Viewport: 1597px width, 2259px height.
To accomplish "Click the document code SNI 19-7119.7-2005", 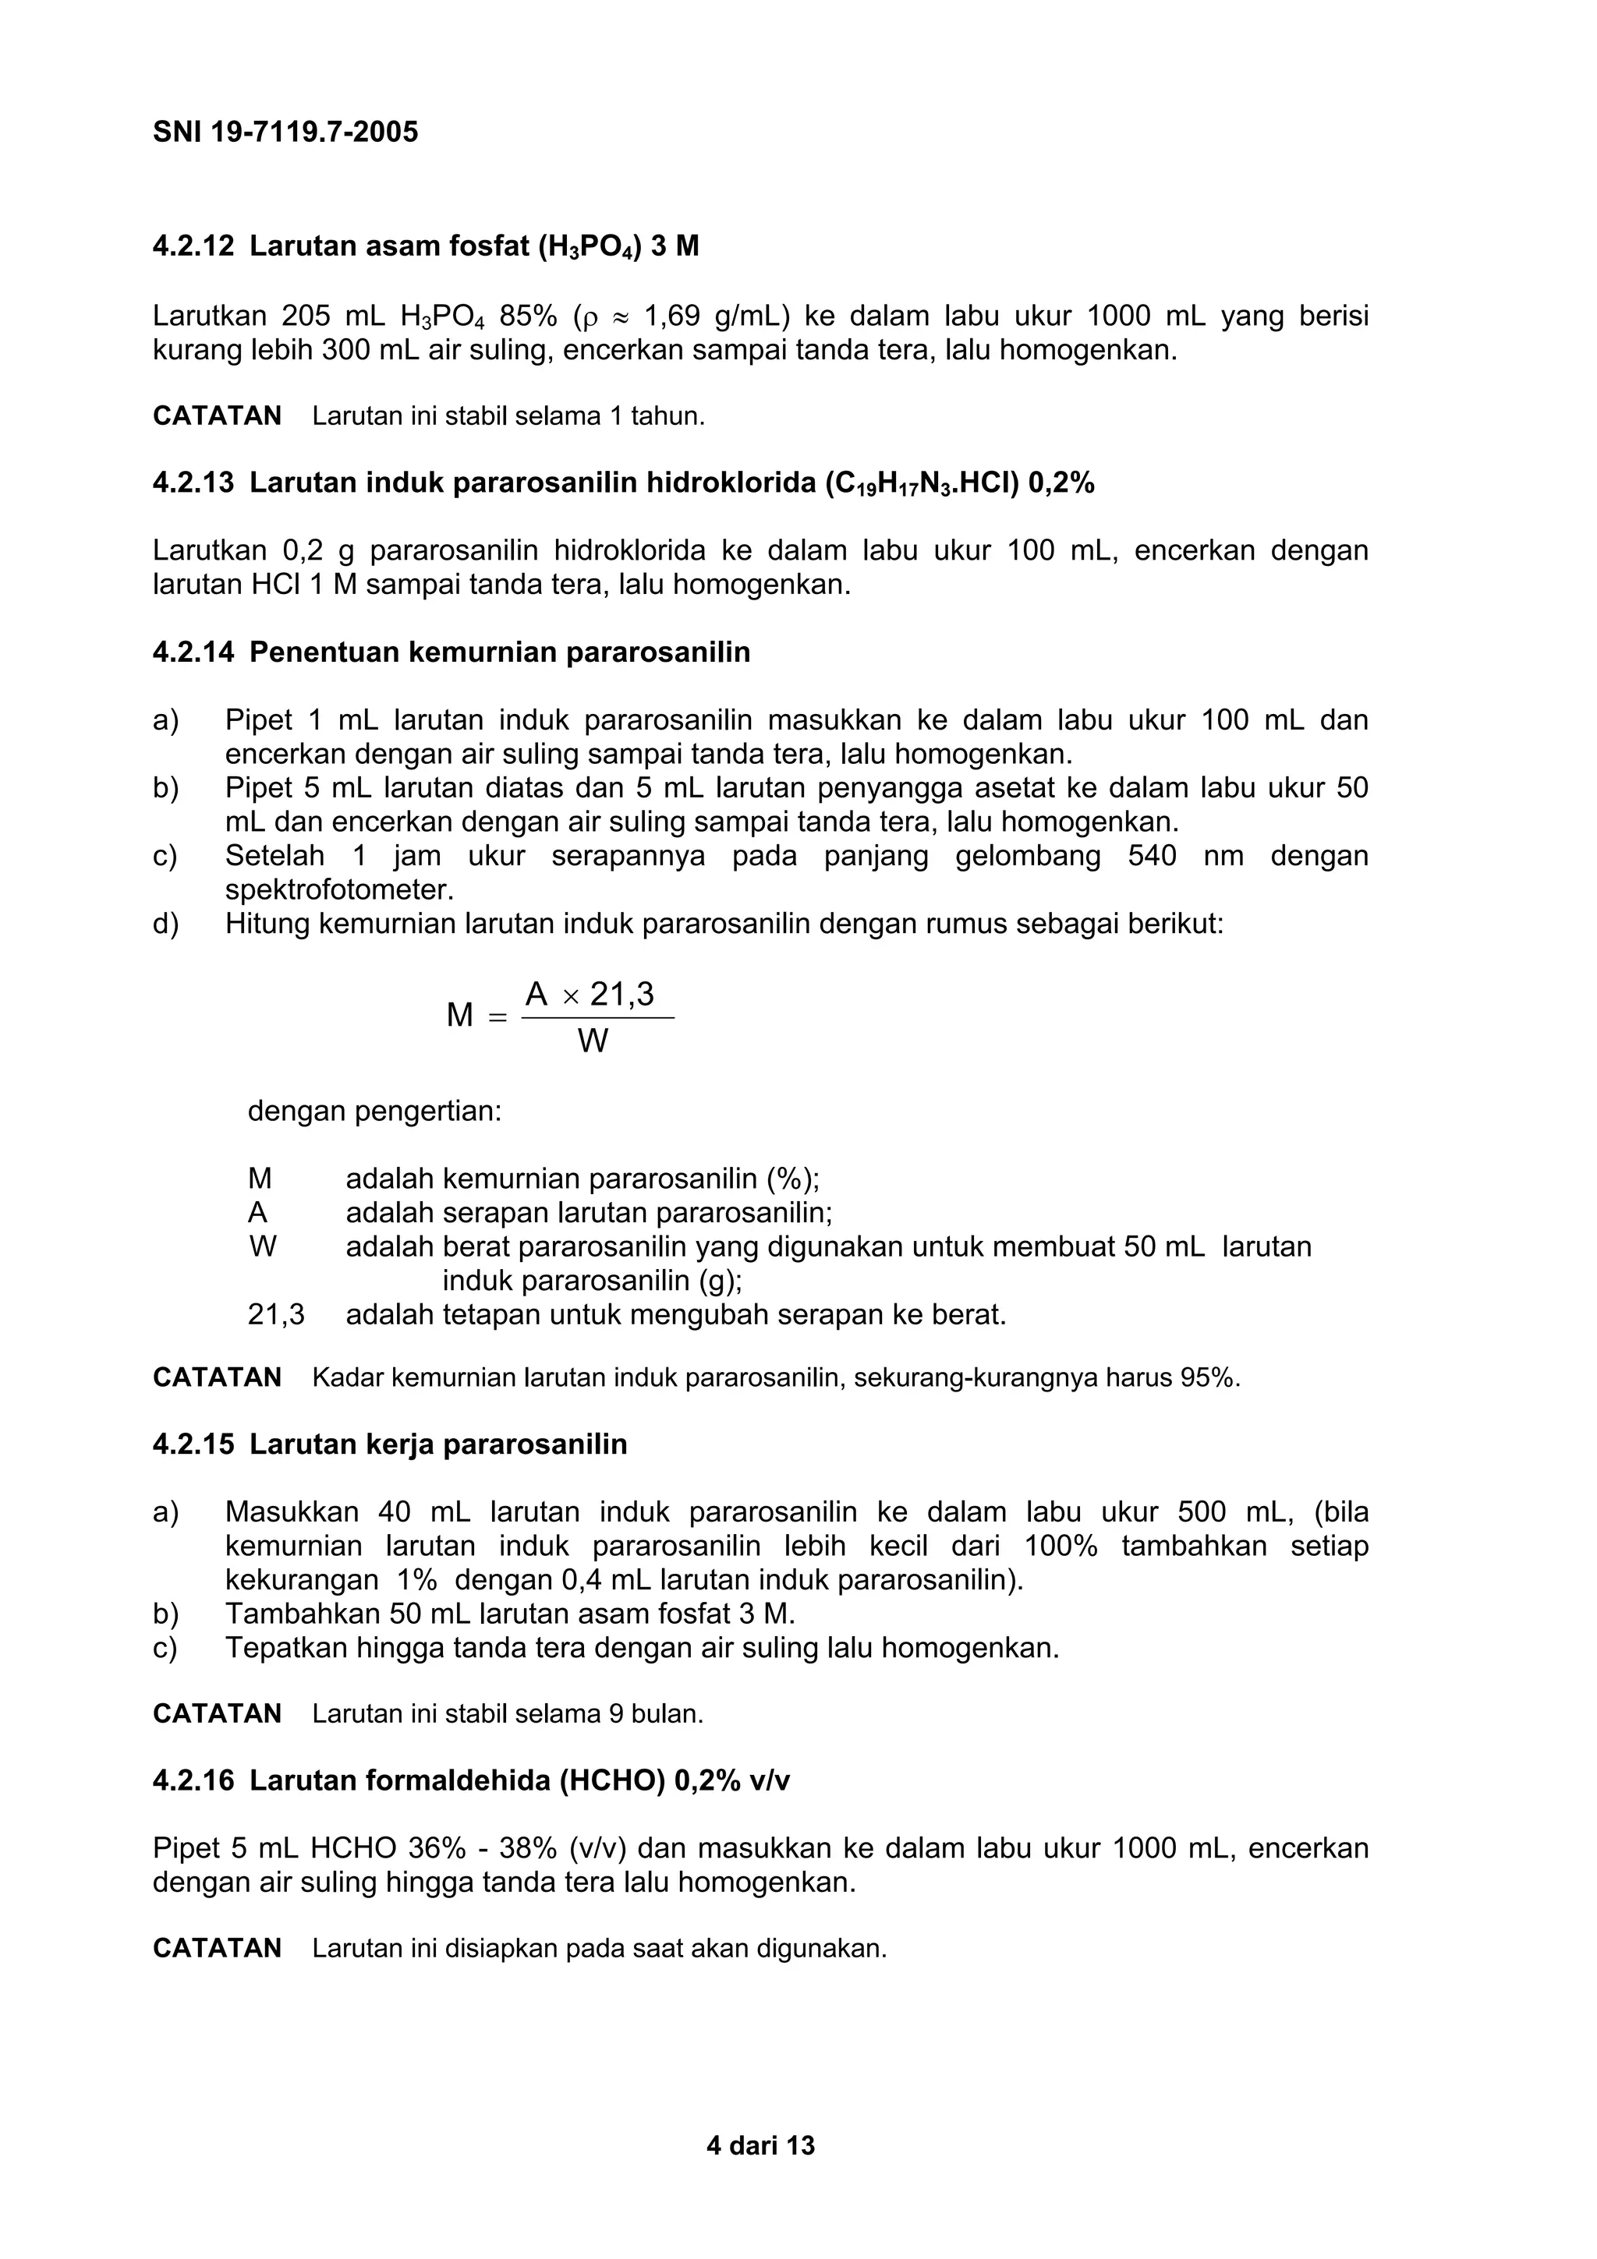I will coord(285,132).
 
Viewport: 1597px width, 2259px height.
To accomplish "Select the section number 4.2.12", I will coord(194,246).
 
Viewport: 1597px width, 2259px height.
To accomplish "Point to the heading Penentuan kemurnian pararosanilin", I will coord(500,652).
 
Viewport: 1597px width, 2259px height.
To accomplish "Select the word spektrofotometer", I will coord(339,890).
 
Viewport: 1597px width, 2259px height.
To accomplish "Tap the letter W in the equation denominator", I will coord(593,1041).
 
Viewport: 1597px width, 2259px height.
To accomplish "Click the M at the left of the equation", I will coord(459,1016).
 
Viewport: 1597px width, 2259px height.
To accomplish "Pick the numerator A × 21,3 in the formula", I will coord(590,995).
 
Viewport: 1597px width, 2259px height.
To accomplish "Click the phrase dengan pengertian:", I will coord(375,1112).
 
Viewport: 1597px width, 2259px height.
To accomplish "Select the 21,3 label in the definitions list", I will coord(277,1314).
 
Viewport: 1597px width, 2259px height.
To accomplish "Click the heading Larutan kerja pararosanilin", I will coord(438,1444).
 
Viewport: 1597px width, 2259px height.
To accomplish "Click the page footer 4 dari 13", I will coord(760,2146).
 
